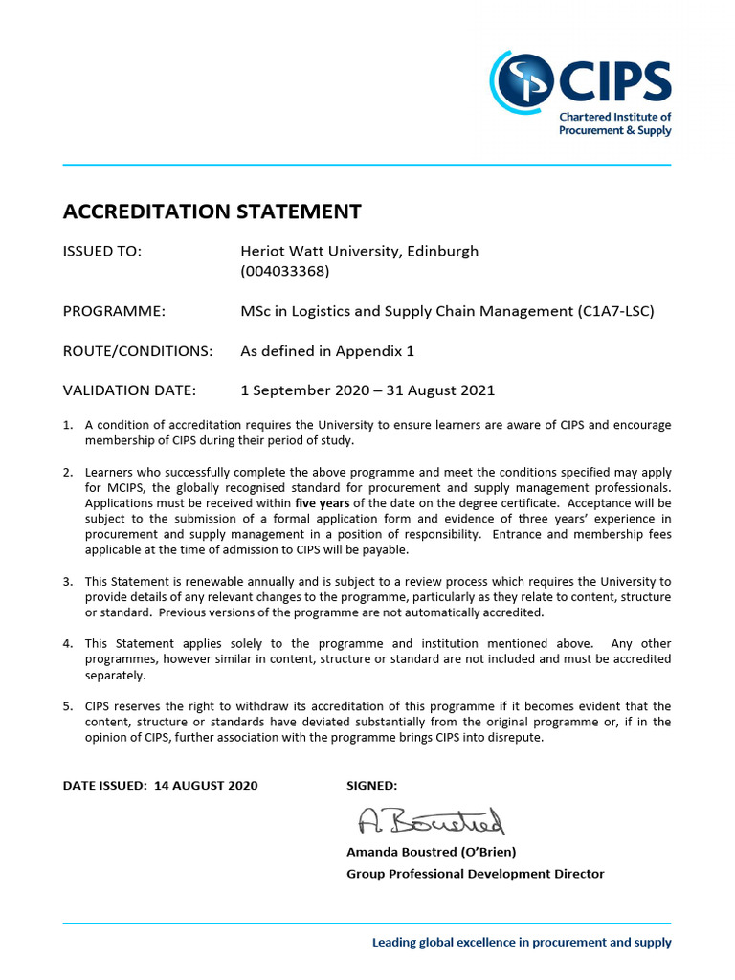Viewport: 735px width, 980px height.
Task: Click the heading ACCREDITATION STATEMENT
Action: point(212,212)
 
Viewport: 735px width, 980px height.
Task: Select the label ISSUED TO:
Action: point(102,252)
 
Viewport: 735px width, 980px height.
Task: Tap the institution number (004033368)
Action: point(284,271)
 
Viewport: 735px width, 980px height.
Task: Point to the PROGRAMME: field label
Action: point(114,311)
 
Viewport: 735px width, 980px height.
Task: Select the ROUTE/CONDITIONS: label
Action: point(137,351)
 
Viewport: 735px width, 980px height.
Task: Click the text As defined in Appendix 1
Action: point(326,351)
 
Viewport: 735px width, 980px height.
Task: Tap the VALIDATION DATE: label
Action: point(129,390)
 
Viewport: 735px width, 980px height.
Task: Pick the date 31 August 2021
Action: point(437,390)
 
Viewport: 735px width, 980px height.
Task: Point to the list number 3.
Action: point(68,582)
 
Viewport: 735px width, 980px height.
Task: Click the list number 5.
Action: point(68,707)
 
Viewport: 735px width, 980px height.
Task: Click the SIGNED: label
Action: point(371,786)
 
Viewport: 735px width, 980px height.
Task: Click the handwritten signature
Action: point(431,821)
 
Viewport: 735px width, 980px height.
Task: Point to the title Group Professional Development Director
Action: point(475,874)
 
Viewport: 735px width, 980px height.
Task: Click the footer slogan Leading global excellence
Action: point(522,943)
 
